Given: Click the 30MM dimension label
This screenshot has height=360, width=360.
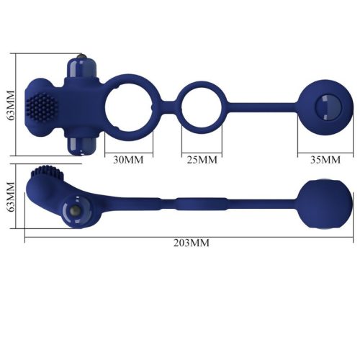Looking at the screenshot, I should [x=129, y=158].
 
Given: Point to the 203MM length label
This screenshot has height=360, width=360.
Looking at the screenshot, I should [x=192, y=243].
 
